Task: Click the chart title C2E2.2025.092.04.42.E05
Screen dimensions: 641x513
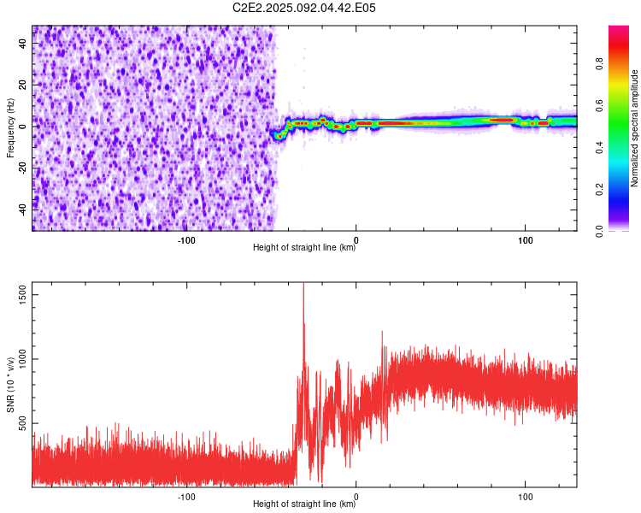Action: (303, 8)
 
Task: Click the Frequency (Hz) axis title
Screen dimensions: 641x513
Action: (10, 128)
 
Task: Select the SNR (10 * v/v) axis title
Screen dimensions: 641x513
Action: (10, 385)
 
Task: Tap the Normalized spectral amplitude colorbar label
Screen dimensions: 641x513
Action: (634, 128)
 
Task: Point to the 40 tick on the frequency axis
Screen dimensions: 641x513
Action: (23, 44)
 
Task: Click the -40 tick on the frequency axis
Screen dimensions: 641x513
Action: (23, 209)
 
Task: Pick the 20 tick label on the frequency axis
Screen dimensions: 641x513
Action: (23, 85)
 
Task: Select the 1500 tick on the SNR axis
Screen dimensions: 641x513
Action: (23, 294)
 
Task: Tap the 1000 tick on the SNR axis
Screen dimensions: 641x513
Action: (23, 359)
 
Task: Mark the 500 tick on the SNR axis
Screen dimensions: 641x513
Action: (23, 423)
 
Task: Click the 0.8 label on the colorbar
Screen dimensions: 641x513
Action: (599, 64)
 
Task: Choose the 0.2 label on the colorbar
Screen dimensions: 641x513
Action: (599, 190)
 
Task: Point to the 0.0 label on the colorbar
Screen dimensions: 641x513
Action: (599, 231)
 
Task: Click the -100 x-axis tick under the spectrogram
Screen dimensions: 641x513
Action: (186, 240)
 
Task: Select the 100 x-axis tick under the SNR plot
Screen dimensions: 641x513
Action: (526, 497)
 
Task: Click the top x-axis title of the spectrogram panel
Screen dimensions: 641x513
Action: (304, 247)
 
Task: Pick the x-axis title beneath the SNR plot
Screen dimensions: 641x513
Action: (304, 504)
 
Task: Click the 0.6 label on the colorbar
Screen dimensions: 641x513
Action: (599, 106)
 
